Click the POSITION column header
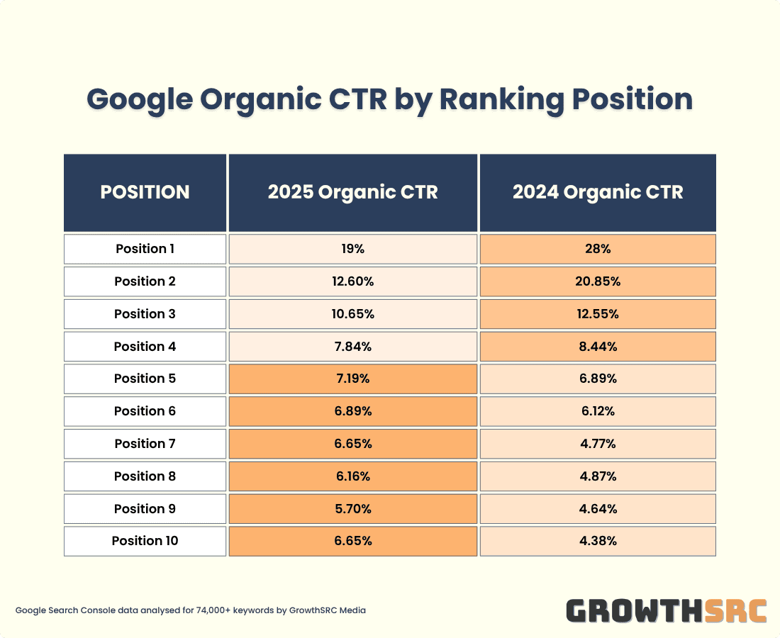[x=145, y=192]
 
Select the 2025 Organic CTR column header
[x=352, y=192]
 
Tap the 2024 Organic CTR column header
[x=598, y=192]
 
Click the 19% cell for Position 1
[x=352, y=249]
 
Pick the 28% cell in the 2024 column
[x=598, y=249]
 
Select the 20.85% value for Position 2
[x=598, y=281]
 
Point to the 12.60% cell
[x=352, y=281]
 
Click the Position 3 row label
[x=145, y=314]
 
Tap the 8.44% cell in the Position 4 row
[x=598, y=347]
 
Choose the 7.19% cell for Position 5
[x=352, y=379]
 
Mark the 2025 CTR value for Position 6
[x=352, y=411]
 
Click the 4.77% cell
[x=598, y=444]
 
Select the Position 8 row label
[x=145, y=476]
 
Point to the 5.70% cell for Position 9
[x=352, y=509]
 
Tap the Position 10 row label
[x=145, y=541]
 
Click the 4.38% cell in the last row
[x=598, y=541]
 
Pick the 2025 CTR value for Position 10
[x=352, y=541]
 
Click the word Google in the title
[x=139, y=99]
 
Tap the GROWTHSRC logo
[x=667, y=610]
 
